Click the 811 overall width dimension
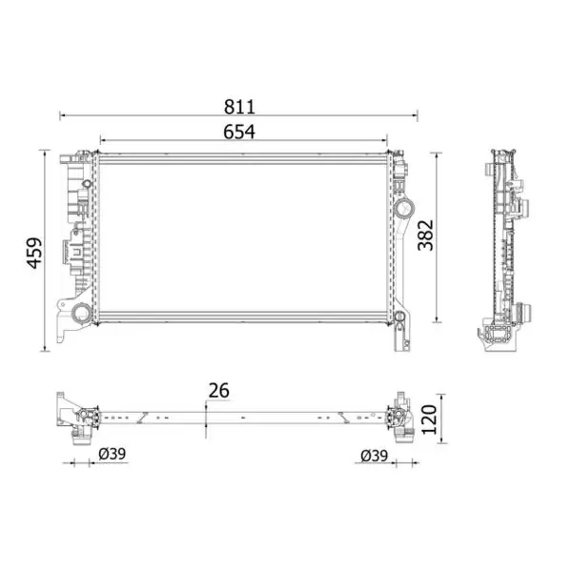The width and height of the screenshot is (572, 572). [x=239, y=107]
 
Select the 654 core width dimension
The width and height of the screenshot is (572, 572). [x=239, y=132]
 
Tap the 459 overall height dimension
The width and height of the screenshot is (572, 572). [x=34, y=253]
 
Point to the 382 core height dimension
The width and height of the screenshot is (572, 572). [x=425, y=235]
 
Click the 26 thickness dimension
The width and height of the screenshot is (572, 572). [x=219, y=390]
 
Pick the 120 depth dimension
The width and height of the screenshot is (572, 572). [x=429, y=419]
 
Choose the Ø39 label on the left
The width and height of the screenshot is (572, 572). [x=112, y=454]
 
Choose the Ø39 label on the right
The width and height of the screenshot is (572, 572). [x=375, y=456]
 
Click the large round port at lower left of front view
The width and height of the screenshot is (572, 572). [x=81, y=313]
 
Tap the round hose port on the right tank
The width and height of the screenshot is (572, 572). [x=404, y=209]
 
